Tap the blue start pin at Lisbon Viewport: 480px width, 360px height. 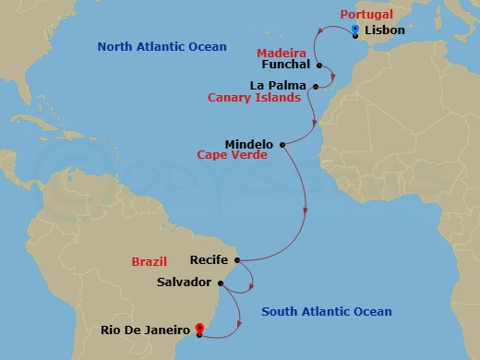(x=355, y=30)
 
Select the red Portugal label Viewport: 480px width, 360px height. (x=367, y=16)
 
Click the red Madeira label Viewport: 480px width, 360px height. (x=282, y=53)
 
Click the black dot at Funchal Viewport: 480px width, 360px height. (x=318, y=66)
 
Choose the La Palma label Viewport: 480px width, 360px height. (x=279, y=85)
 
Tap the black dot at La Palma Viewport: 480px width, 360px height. (x=315, y=86)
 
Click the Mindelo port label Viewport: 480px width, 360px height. (x=248, y=144)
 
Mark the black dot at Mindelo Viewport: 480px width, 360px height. (x=282, y=144)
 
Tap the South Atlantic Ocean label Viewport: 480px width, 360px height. (x=327, y=312)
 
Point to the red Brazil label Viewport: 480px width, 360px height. (x=150, y=261)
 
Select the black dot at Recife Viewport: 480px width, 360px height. (x=237, y=260)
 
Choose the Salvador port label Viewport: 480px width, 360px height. (x=185, y=282)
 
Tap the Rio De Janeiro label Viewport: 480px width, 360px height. (x=146, y=328)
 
